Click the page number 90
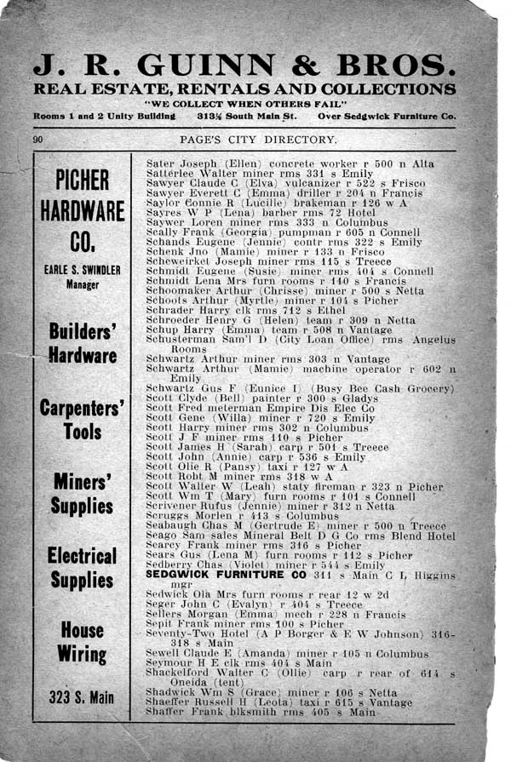38,139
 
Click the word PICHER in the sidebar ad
83,181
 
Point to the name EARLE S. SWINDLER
83,271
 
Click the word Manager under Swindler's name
83,285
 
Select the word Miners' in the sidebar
83,481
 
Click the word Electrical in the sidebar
83,556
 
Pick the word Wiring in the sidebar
83,655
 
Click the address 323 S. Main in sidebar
83,699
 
